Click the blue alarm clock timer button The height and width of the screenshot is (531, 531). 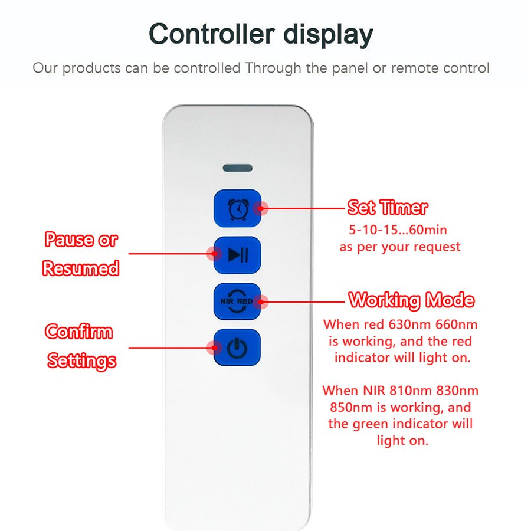[x=237, y=208]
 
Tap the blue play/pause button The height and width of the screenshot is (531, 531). [x=237, y=255]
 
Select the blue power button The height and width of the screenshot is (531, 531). [x=237, y=348]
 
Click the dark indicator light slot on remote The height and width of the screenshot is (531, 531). [x=238, y=168]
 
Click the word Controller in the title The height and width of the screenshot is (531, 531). [x=212, y=34]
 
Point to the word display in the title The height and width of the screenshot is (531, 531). [x=328, y=35]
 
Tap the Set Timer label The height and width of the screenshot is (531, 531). [x=388, y=207]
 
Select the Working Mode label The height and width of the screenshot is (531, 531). [x=411, y=300]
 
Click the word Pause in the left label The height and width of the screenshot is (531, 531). [x=70, y=240]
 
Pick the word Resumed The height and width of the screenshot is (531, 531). [x=81, y=268]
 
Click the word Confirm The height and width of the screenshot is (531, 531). [x=79, y=331]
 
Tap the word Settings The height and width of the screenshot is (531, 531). [x=81, y=360]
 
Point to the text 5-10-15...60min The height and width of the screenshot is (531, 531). [x=398, y=230]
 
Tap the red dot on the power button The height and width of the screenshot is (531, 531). [x=214, y=348]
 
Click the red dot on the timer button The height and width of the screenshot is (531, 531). [x=261, y=208]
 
